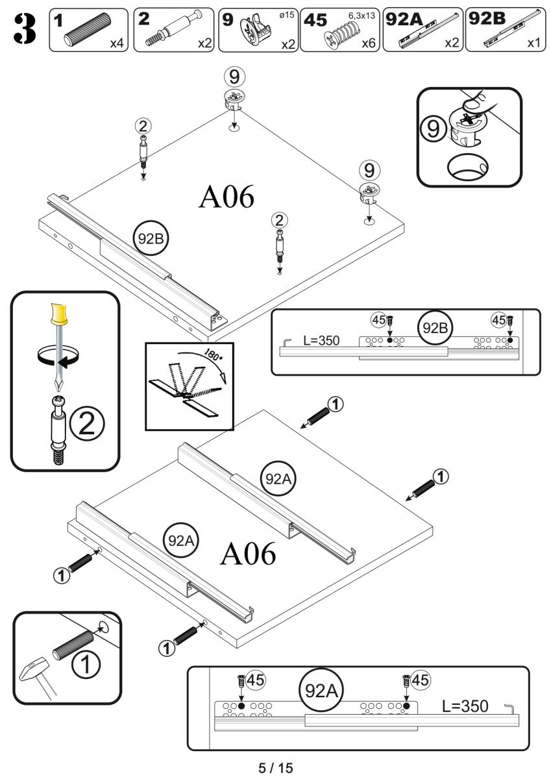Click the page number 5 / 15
click(276, 768)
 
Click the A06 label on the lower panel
click(248, 554)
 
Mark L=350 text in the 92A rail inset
click(466, 706)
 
